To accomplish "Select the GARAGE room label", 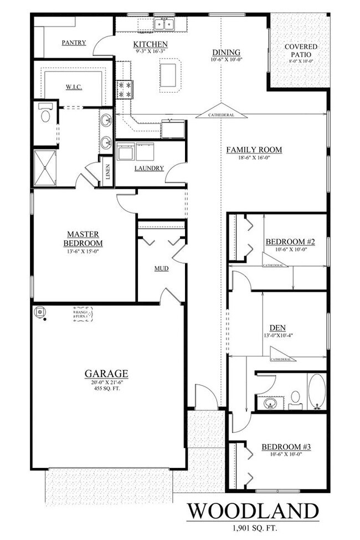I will pyautogui.click(x=106, y=373).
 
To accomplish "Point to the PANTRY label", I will pyautogui.click(x=74, y=43).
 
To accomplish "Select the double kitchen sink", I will pyautogui.click(x=164, y=24).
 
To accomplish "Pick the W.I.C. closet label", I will pyautogui.click(x=74, y=86).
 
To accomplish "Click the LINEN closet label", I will pyautogui.click(x=107, y=172).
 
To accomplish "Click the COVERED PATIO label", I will pyautogui.click(x=301, y=51).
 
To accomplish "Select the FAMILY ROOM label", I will pyautogui.click(x=254, y=150).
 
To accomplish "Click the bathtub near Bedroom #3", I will pyautogui.click(x=317, y=393).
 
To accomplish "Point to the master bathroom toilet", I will pyautogui.click(x=45, y=116).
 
